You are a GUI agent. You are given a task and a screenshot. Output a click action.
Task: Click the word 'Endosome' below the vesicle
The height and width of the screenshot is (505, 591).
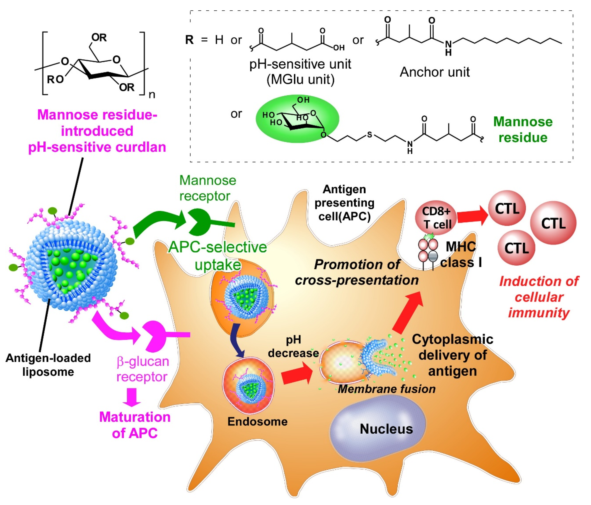point(257,421)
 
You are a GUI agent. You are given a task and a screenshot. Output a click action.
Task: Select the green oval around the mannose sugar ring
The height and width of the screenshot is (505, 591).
point(297,118)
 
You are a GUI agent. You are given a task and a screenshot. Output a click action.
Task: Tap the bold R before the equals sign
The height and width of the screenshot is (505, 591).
point(189,40)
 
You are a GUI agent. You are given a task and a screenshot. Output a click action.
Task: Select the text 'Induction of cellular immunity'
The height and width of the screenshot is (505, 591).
point(539,297)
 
